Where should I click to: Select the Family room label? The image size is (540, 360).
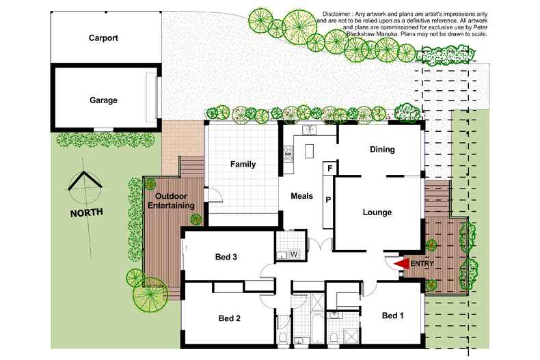243,165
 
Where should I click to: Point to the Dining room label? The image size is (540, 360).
383,150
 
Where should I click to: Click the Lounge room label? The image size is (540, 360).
377,212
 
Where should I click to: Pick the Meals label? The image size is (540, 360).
301,196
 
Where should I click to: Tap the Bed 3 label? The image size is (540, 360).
226,258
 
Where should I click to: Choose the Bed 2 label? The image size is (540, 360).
230,318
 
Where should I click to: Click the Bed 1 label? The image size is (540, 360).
393,316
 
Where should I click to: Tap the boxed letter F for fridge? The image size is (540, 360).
329,168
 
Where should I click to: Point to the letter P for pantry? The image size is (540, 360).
328,199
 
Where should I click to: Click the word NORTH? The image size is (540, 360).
86,212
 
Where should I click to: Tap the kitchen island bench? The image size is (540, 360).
308,150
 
